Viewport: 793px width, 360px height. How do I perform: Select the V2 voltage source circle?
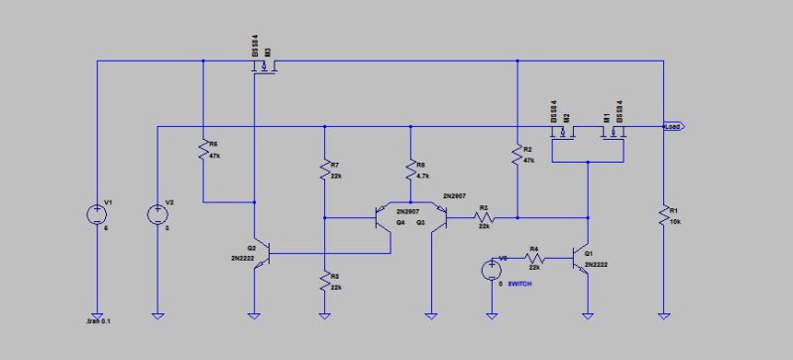click(x=158, y=213)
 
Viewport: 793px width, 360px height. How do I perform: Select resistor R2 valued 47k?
click(x=516, y=155)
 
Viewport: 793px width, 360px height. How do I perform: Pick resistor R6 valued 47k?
click(x=202, y=151)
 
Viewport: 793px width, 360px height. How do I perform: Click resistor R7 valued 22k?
click(x=325, y=170)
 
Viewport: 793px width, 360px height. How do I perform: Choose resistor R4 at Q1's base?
click(x=533, y=257)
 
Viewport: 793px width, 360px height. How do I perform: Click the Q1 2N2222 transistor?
click(x=583, y=257)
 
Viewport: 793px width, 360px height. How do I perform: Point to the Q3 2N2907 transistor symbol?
click(x=437, y=216)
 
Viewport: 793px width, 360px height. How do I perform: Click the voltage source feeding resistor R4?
click(x=491, y=270)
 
